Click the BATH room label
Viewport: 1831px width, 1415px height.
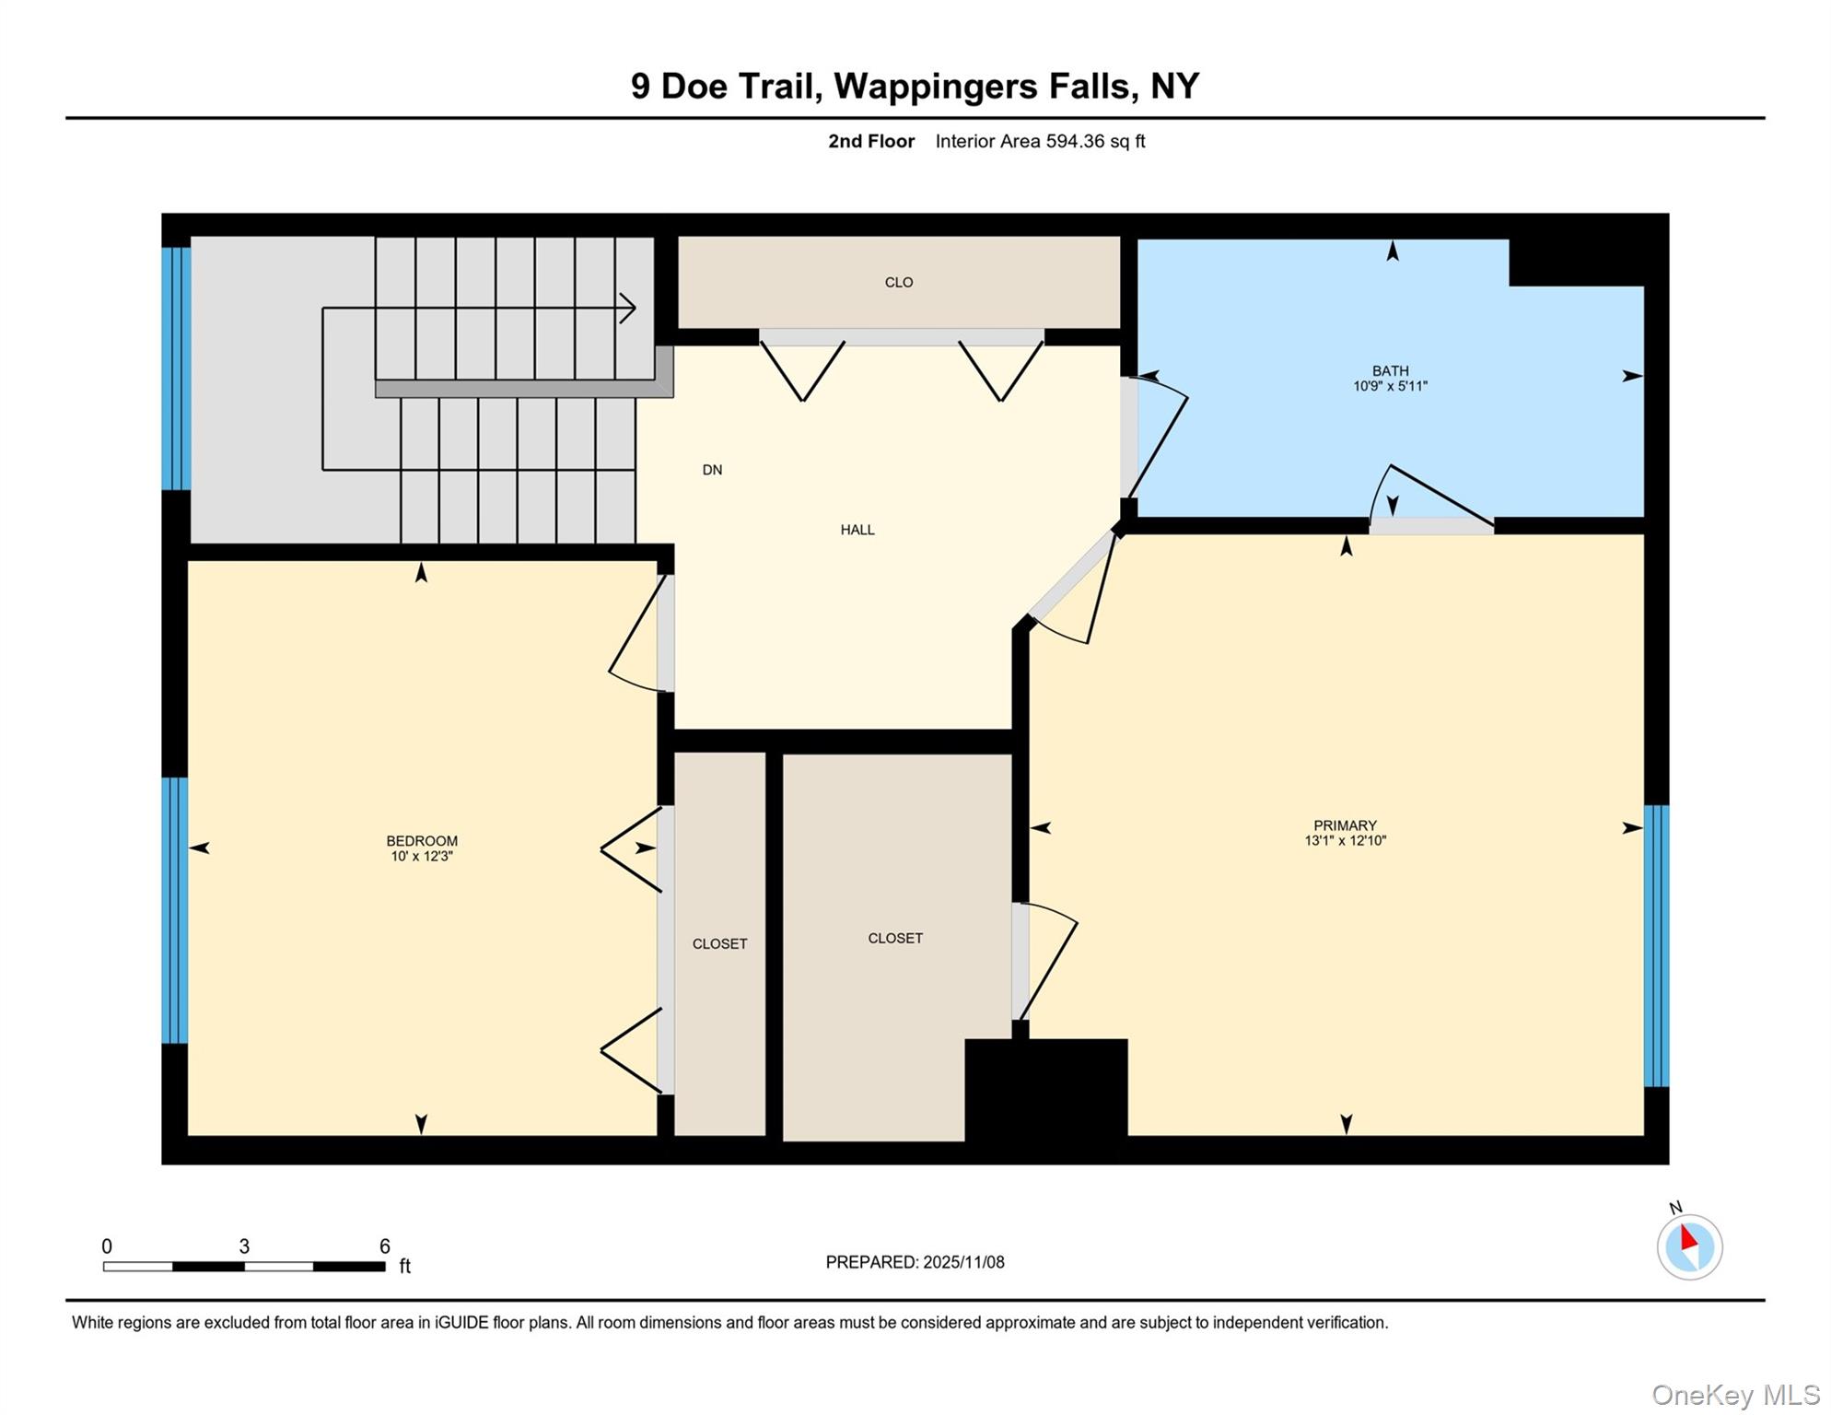click(x=1390, y=370)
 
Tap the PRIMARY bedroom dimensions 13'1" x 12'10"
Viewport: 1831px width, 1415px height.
click(x=1345, y=840)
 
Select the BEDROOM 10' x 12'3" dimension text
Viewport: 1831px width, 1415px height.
click(x=422, y=856)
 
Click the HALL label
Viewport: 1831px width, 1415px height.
click(x=857, y=530)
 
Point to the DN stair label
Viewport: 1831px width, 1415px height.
click(x=712, y=470)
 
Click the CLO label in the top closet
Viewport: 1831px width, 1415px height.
click(x=898, y=283)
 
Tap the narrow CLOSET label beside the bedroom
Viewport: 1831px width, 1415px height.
click(x=719, y=943)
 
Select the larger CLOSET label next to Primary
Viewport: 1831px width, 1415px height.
click(x=894, y=938)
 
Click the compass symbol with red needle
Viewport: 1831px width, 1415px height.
click(x=1689, y=1245)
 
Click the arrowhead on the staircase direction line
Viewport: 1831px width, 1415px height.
click(x=628, y=308)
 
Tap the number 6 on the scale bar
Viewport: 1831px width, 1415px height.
click(x=385, y=1245)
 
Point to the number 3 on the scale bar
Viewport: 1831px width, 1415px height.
click(x=244, y=1245)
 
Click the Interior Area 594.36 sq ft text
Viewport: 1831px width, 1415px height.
click(x=1040, y=141)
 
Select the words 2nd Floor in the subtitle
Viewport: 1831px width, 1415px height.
click(x=870, y=141)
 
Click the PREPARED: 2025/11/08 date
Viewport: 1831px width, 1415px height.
click(x=915, y=1262)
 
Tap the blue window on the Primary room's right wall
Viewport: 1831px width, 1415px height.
click(x=1656, y=945)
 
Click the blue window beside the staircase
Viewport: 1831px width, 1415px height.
click(x=176, y=368)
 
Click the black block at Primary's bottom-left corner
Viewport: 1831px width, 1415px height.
click(x=1046, y=1090)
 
